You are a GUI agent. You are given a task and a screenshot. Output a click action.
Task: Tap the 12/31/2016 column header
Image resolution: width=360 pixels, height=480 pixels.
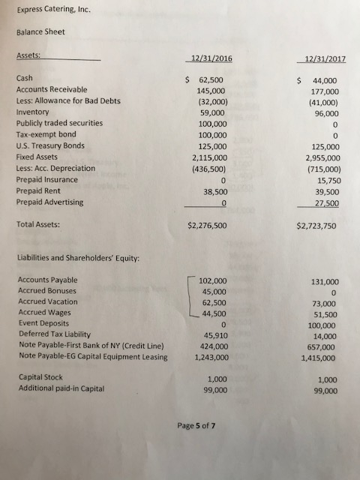pos(212,59)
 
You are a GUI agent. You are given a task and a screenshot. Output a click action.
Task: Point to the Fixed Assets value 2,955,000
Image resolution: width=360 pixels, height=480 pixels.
pos(319,157)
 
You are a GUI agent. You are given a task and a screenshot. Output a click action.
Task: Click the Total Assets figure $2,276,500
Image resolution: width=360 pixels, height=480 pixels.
pos(212,224)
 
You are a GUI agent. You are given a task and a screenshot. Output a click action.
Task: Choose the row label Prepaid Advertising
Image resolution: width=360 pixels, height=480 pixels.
pos(49,202)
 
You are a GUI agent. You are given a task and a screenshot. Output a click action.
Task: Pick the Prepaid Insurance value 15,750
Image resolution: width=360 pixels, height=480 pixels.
pos(325,181)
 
